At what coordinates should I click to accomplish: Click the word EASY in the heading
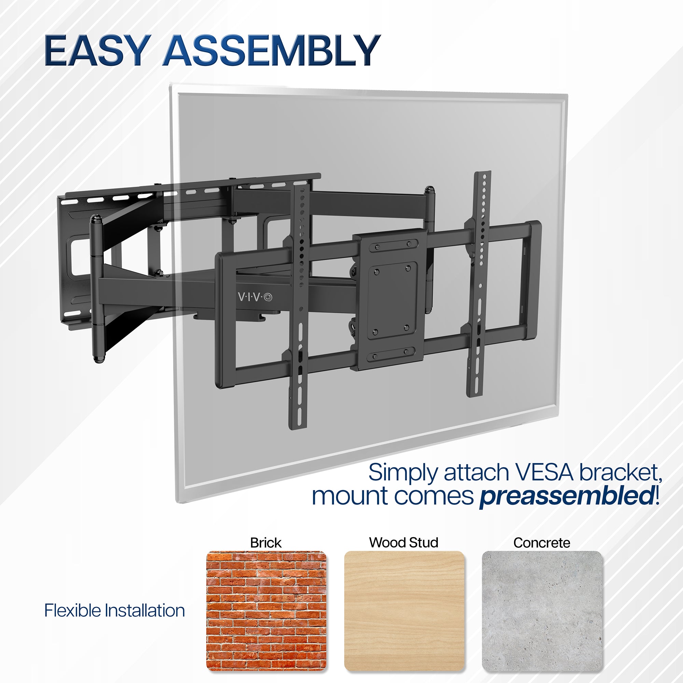tap(96, 51)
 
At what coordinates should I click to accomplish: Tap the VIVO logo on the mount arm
tap(255, 297)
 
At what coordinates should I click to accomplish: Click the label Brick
tap(266, 543)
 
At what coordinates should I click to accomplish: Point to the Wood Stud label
tap(404, 543)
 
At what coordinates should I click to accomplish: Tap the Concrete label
tap(542, 543)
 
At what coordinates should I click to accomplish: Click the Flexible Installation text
tap(114, 611)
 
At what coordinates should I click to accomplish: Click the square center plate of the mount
tap(391, 299)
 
